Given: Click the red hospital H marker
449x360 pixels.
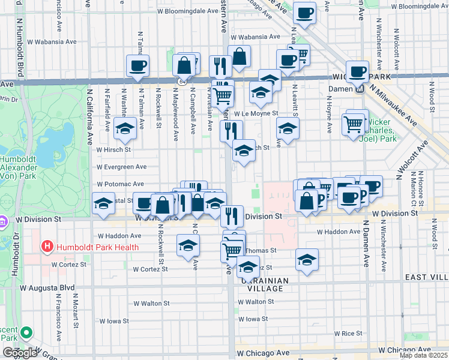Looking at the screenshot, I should pos(46,247).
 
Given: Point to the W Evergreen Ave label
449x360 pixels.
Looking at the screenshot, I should pos(122,167).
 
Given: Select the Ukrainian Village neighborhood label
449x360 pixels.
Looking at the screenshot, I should pos(265,284).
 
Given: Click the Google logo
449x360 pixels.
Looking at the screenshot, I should pos(20,353).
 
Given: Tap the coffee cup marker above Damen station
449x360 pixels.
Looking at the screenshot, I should pos(358,72).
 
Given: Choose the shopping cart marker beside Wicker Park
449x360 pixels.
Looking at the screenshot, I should pos(354,125).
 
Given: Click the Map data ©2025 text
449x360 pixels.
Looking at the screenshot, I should pos(424,355).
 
